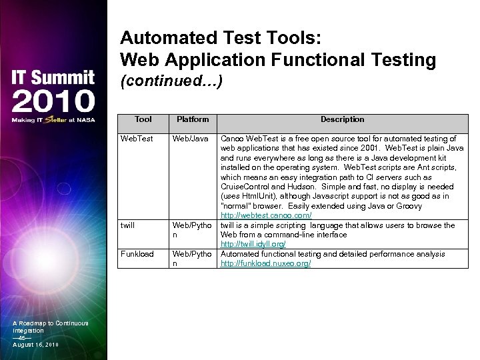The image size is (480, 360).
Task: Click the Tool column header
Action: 143,119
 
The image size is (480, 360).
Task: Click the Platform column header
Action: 192,119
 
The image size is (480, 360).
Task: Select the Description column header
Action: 342,119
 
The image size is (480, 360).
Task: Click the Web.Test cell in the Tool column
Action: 136,139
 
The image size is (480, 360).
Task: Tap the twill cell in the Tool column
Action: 127,225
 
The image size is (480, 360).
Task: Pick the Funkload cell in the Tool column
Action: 137,254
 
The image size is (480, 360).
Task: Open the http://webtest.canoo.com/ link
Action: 266,216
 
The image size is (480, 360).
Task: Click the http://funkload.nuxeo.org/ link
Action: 265,264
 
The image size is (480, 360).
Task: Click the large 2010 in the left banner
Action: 53,101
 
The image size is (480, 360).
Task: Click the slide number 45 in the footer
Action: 23,338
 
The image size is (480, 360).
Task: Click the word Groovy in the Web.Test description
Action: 409,206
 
